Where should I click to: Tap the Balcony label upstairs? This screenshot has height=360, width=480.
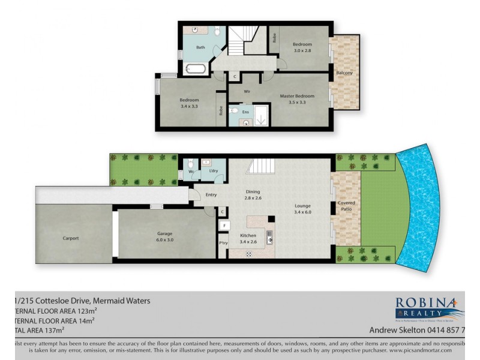click(344, 73)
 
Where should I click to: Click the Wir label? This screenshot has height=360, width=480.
click(247, 92)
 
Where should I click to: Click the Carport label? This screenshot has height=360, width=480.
click(71, 238)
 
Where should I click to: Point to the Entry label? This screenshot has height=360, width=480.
click(211, 194)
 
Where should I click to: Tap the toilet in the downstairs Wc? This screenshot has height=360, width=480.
click(190, 164)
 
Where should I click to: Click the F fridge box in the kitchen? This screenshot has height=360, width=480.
click(223, 226)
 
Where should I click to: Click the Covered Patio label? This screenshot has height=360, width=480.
click(346, 206)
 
